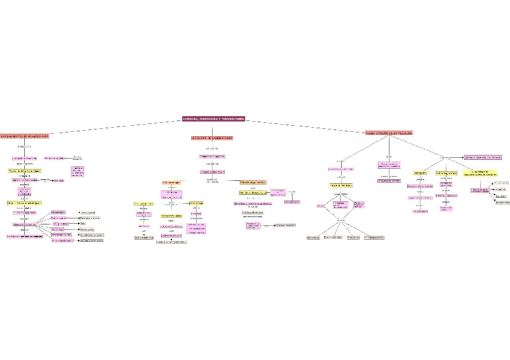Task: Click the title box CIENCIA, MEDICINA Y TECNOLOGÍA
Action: tap(214, 119)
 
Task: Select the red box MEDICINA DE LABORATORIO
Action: tap(212, 138)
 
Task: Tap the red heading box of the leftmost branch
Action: tap(25, 136)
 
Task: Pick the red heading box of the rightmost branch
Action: tap(389, 132)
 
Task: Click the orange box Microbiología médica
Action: tap(253, 182)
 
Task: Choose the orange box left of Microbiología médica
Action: tap(171, 182)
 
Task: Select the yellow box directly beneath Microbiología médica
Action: tap(253, 193)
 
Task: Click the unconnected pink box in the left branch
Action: tap(78, 172)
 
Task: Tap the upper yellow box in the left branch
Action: tap(25, 171)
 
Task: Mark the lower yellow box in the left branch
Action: tap(24, 203)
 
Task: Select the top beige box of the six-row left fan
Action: tap(88, 212)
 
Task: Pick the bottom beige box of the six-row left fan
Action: tap(92, 240)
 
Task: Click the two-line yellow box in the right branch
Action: tap(484, 172)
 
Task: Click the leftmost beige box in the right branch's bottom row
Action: tap(313, 237)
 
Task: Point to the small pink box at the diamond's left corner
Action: tap(321, 206)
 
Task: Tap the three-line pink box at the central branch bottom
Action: tap(253, 225)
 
